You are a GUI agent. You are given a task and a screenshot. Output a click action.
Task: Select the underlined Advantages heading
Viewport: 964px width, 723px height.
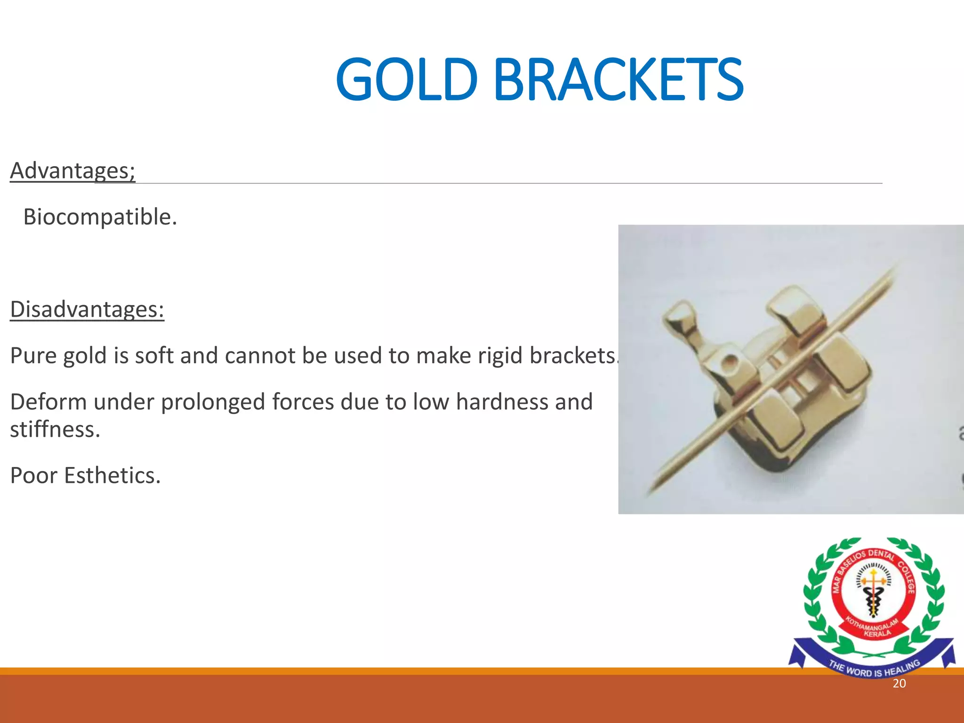tap(72, 170)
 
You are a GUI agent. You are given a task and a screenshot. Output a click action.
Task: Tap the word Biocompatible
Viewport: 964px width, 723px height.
tap(100, 217)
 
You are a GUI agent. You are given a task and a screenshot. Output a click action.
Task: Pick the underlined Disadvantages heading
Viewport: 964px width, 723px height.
tap(87, 309)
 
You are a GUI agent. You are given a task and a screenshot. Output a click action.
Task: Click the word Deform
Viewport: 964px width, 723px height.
tap(48, 402)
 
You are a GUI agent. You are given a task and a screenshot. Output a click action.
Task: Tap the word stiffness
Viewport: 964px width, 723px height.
tap(55, 429)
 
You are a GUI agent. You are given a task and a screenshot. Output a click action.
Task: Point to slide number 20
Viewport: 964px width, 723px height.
tap(899, 683)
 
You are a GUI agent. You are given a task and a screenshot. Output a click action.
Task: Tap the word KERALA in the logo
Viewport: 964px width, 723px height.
tap(877, 633)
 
